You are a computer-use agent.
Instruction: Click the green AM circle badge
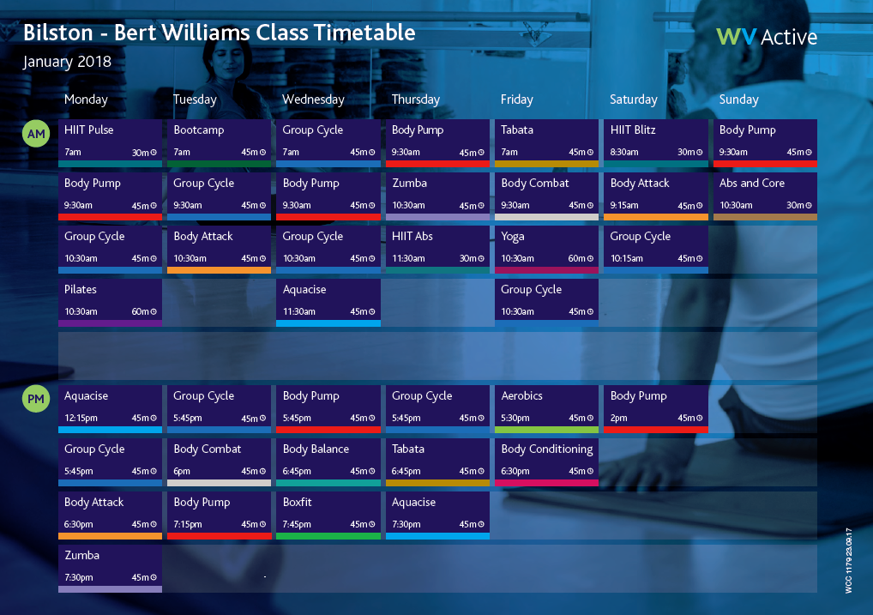tap(36, 135)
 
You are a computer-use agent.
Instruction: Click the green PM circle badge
tap(36, 400)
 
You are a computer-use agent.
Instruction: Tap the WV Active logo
tap(767, 37)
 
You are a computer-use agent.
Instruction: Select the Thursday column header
tap(415, 99)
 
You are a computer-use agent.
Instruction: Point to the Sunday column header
tap(738, 99)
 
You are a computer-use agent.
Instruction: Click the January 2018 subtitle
tap(67, 62)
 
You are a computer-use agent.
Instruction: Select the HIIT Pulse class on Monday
tap(110, 142)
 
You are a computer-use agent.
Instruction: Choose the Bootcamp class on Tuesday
tap(219, 142)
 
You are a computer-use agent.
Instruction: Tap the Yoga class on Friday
tap(546, 248)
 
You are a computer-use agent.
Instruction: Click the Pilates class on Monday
tap(110, 301)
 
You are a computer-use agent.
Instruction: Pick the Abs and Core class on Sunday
tap(764, 195)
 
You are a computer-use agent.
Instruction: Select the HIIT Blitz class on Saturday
tap(656, 142)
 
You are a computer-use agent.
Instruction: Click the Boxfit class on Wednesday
tap(328, 514)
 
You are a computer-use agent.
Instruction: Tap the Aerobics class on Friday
tap(546, 407)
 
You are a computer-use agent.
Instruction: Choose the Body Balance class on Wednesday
tap(328, 461)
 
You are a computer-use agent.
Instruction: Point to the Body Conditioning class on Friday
tap(546, 461)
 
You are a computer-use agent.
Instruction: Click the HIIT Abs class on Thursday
tap(437, 248)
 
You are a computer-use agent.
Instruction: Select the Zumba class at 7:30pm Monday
tap(110, 567)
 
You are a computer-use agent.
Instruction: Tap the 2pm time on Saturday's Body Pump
tap(619, 418)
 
